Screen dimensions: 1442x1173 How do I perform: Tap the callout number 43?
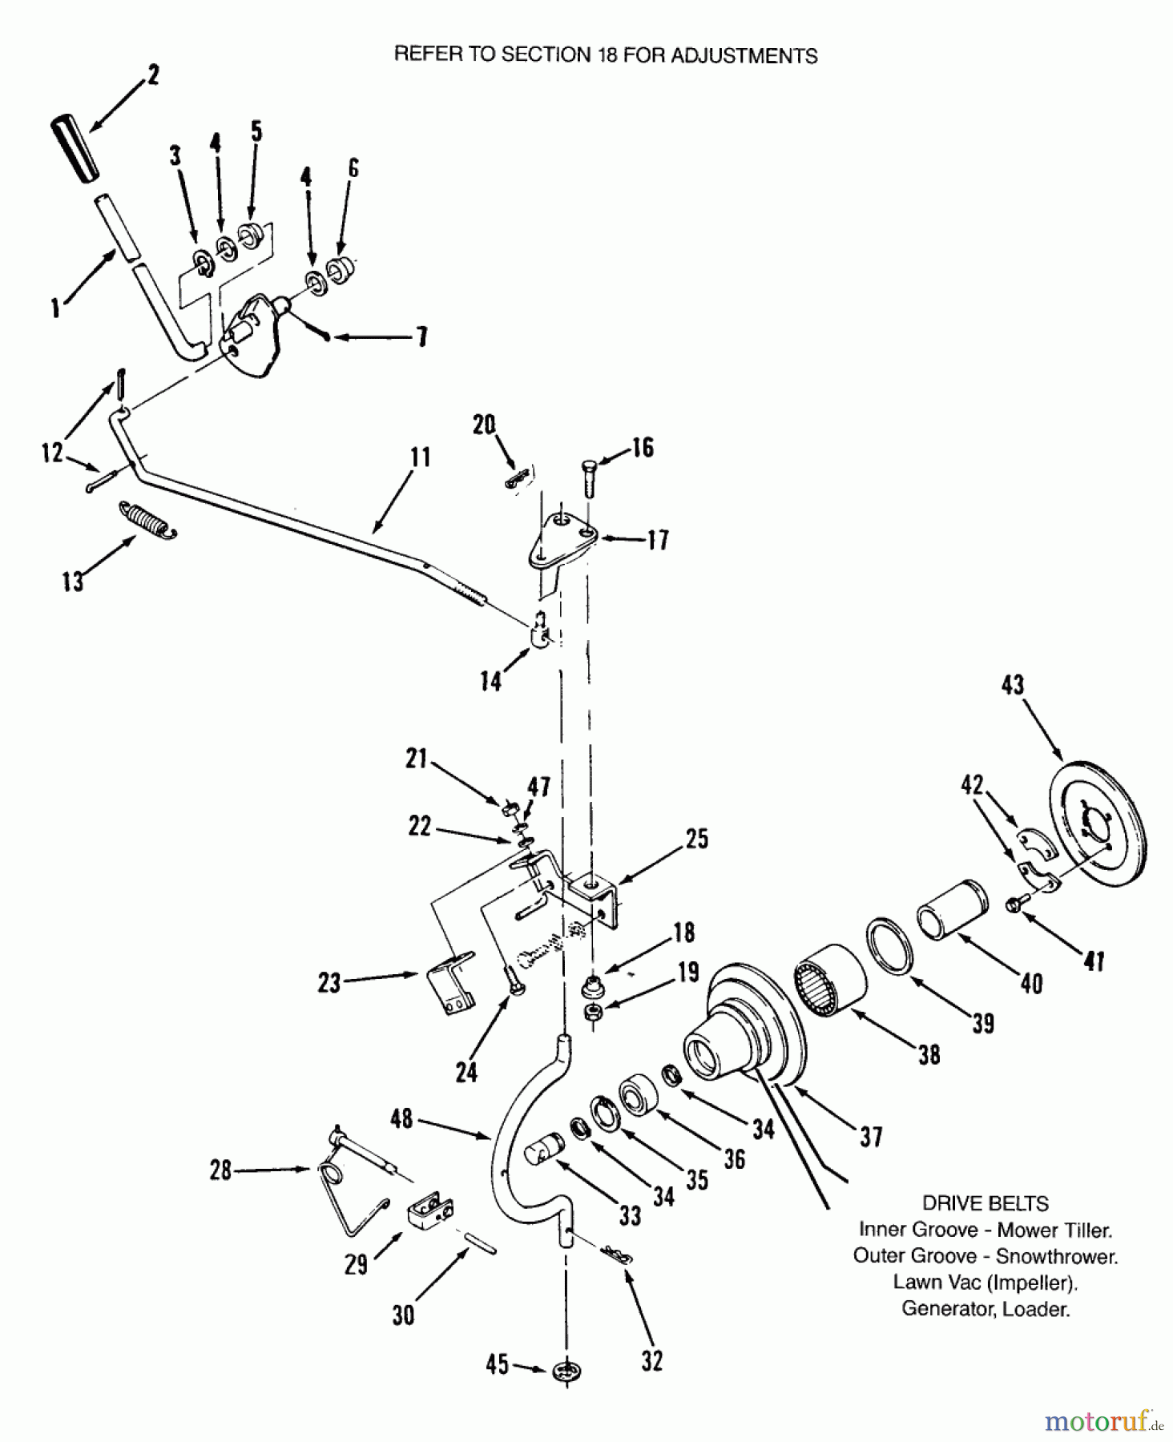point(1013,685)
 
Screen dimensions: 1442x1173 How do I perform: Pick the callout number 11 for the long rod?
point(421,457)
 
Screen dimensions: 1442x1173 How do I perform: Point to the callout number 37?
point(870,1135)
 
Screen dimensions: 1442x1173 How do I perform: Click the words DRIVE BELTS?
point(985,1203)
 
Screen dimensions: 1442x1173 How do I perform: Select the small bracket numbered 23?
point(451,982)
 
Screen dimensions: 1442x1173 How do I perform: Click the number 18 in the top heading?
point(605,55)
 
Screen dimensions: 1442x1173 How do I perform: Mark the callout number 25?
point(697,839)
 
